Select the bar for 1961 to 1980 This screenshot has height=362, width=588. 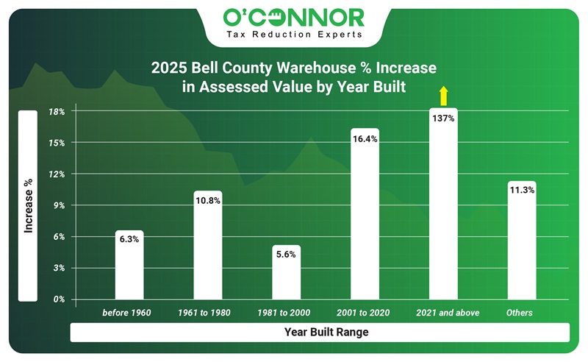pyautogui.click(x=208, y=250)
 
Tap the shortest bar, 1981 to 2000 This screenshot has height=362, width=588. pyautogui.click(x=287, y=276)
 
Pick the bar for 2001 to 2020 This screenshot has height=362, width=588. pyautogui.click(x=365, y=221)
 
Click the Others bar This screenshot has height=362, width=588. pyautogui.click(x=522, y=246)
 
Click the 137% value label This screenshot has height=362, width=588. pyautogui.click(x=443, y=118)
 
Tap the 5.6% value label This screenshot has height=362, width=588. pyautogui.click(x=287, y=255)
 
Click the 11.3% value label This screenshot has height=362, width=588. pyautogui.click(x=522, y=191)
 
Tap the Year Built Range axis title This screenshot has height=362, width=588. pyautogui.click(x=326, y=333)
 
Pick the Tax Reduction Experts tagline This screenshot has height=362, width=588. pyautogui.click(x=294, y=34)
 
